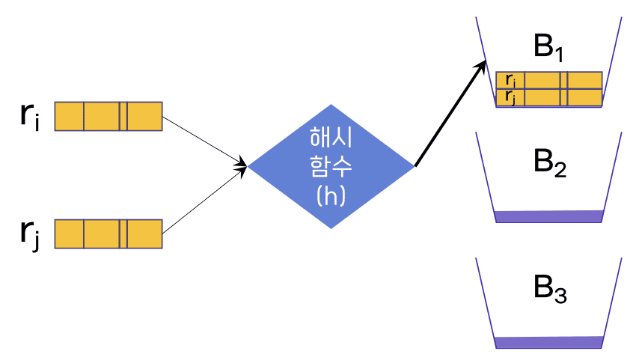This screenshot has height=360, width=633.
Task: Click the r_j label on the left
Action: (x=31, y=234)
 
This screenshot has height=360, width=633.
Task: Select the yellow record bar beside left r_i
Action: (x=108, y=116)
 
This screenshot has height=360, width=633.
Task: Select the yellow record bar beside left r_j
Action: (x=108, y=234)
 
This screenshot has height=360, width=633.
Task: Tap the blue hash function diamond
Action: (x=331, y=165)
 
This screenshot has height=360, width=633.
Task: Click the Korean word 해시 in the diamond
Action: (x=331, y=137)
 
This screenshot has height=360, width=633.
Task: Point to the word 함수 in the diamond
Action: (x=331, y=166)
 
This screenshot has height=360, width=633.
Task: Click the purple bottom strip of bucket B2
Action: (x=549, y=216)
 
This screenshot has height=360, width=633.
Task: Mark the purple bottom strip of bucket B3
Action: (x=549, y=342)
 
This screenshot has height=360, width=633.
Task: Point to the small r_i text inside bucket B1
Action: (x=510, y=80)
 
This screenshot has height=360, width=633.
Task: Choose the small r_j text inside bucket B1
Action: (x=510, y=97)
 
